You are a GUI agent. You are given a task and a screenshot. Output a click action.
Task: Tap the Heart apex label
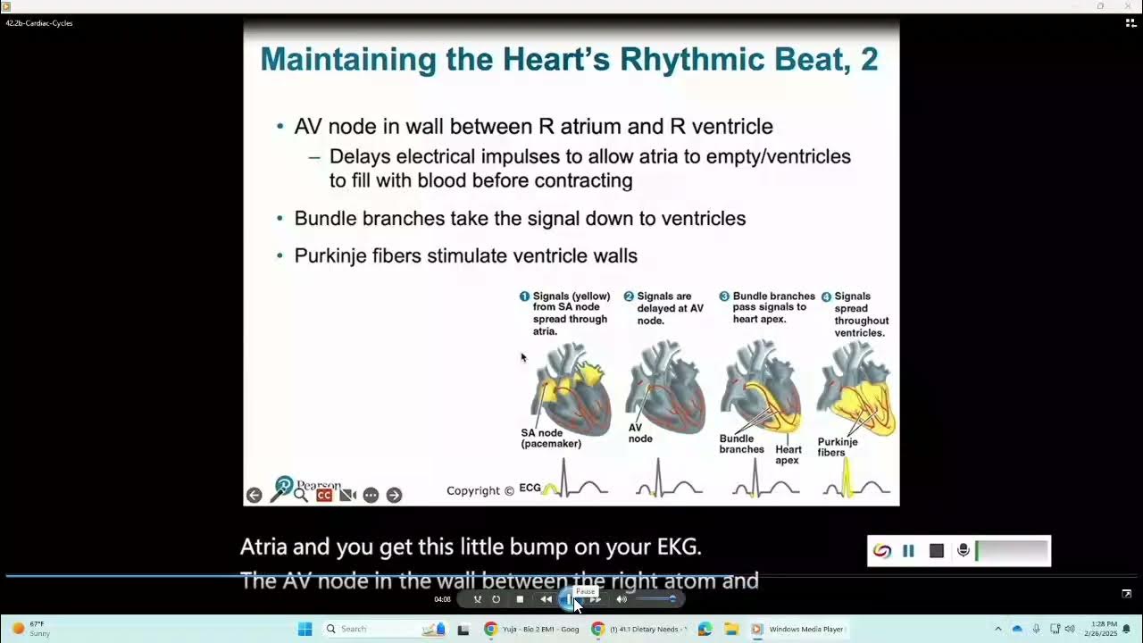788,455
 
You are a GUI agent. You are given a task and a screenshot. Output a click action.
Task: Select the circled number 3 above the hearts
724,296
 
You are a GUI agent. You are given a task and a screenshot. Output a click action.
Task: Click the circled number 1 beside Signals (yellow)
525,296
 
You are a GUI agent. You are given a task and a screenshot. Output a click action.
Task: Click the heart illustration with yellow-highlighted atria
571,389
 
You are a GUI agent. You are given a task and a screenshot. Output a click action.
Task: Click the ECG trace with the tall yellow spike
855,480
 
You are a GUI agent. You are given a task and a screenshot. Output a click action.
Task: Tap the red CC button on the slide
324,495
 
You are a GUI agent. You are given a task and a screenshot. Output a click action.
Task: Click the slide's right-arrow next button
394,495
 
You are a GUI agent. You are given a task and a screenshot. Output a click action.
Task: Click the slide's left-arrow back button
254,495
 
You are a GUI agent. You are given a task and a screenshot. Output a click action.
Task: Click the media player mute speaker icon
622,599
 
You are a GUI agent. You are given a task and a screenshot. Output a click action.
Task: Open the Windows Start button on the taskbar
305,629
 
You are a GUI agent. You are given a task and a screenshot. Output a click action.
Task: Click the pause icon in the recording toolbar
908,551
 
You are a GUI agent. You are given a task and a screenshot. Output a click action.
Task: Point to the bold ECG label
530,488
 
